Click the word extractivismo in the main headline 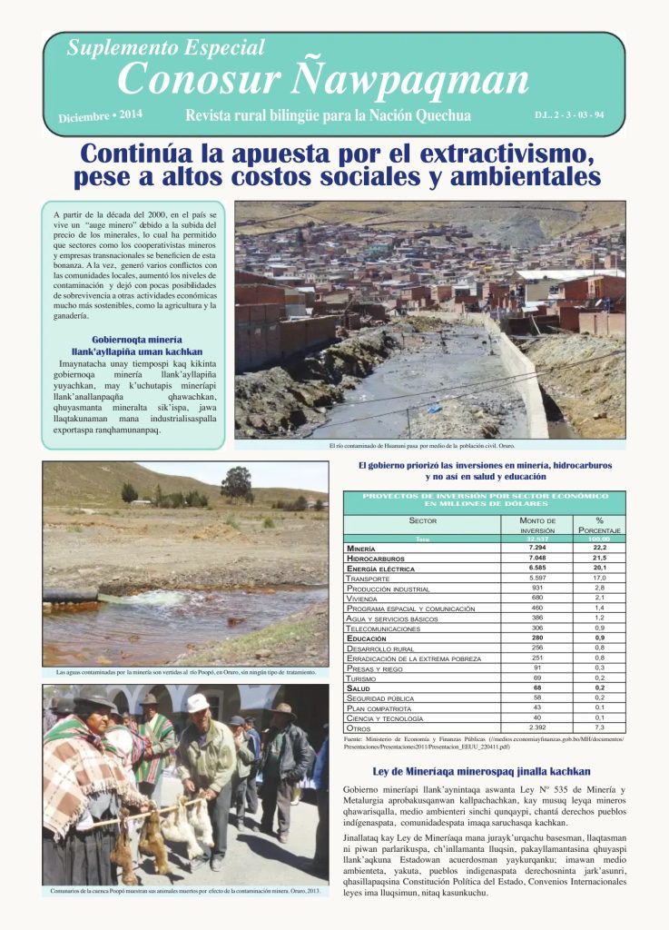[x=486, y=150]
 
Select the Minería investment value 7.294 [x=537, y=549]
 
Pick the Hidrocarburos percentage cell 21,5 [x=599, y=559]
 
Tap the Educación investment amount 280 [x=537, y=638]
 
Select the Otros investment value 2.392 [x=537, y=727]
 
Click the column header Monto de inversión [x=537, y=525]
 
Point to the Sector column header [x=423, y=520]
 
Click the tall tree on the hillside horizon [x=238, y=482]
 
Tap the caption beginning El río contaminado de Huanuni [x=428, y=446]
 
